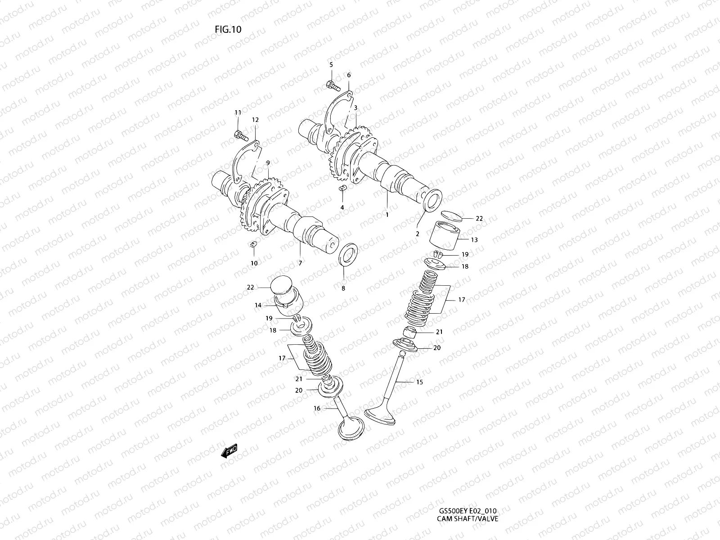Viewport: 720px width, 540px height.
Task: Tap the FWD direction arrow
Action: point(229,451)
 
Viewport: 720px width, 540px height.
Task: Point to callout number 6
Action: point(348,75)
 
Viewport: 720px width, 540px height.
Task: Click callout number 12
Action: point(255,120)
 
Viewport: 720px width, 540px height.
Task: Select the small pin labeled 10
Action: point(253,244)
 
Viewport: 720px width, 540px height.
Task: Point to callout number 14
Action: point(258,305)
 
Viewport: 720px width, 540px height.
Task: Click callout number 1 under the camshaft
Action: point(387,215)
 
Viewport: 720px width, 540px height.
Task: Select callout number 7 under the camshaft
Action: point(300,263)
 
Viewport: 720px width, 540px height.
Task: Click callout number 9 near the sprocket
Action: point(267,162)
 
